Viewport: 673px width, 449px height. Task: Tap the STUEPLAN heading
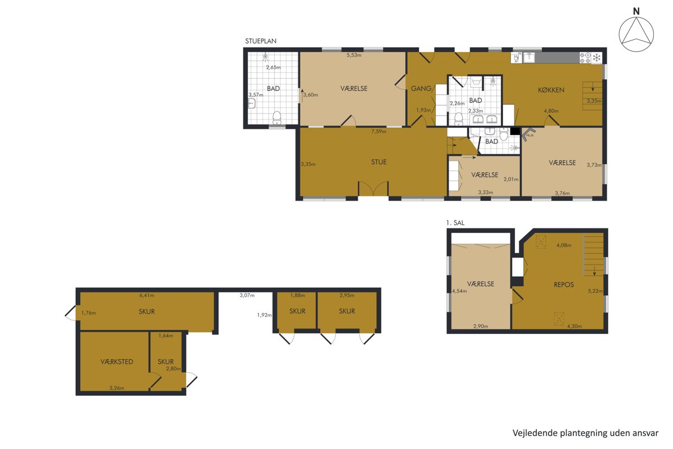pos(260,41)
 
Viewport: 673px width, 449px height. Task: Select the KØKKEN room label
pos(551,90)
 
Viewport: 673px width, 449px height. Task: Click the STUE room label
pos(379,162)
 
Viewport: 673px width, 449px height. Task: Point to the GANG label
pos(421,89)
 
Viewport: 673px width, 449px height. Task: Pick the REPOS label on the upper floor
pos(564,285)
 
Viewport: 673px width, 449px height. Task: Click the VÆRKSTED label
pos(117,362)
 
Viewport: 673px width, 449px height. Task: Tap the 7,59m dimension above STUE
pos(379,131)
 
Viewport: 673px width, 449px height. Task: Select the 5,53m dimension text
pos(354,56)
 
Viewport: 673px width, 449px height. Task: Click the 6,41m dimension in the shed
pos(146,295)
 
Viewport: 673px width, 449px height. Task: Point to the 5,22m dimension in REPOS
pos(595,291)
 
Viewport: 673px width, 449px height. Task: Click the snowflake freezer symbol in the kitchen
pos(597,57)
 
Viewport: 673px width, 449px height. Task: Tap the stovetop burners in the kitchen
pos(586,58)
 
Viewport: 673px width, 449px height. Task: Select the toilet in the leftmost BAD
pos(276,118)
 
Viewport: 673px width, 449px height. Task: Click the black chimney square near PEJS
pos(515,131)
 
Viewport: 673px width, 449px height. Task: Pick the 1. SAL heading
pos(455,223)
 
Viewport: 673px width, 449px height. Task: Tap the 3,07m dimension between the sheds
pos(247,295)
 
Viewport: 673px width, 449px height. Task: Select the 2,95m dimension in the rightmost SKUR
pos(347,295)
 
